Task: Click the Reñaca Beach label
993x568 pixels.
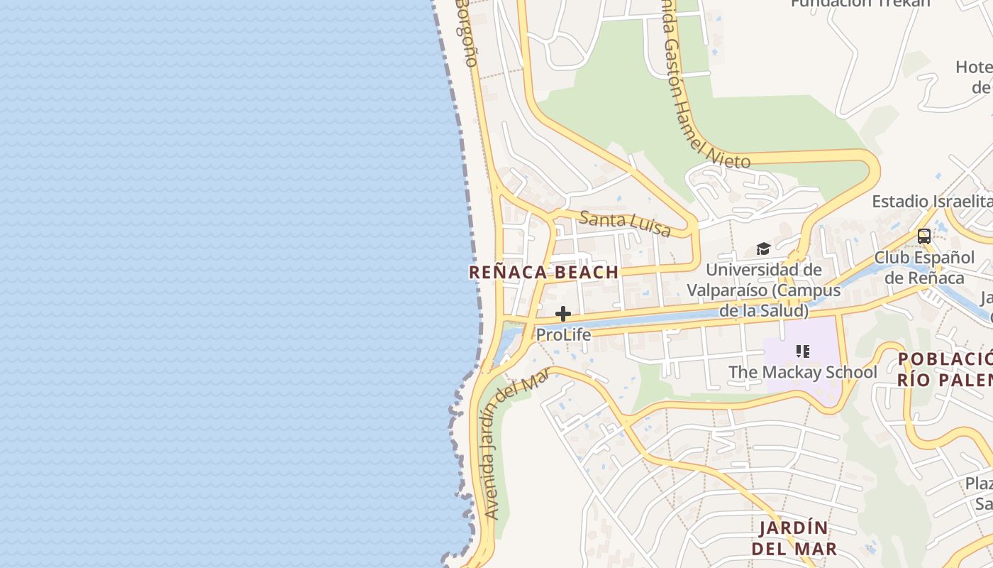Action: tap(543, 272)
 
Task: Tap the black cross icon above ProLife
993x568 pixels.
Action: tap(563, 314)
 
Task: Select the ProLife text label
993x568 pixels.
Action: tap(563, 334)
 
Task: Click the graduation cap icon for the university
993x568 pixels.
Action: tap(763, 248)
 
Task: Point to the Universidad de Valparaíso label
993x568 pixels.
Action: tap(764, 290)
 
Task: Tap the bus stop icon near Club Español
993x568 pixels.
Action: tap(923, 236)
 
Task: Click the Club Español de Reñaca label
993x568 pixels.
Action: tap(923, 267)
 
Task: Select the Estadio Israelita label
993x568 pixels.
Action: tap(931, 201)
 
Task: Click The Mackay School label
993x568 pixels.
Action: tap(803, 372)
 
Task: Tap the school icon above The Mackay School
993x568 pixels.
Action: tap(803, 351)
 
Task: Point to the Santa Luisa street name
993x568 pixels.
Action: tap(625, 223)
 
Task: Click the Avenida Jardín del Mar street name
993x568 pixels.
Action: tap(517, 447)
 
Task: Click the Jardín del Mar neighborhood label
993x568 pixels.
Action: tap(794, 538)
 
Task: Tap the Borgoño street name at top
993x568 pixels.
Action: tap(466, 32)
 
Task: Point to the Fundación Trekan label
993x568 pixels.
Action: tap(860, 4)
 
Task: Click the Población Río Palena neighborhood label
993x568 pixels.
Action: tap(944, 368)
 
